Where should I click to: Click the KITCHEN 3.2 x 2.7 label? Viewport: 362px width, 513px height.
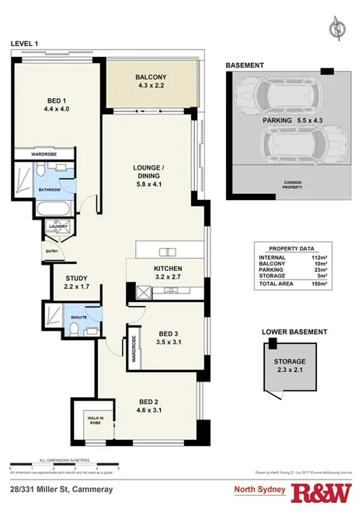click(162, 272)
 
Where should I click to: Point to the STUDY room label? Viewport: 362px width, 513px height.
click(76, 283)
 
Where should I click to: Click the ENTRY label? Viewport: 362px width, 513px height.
click(51, 251)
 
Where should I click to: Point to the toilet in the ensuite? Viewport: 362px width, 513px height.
click(71, 330)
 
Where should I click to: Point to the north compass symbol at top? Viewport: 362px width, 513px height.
click(336, 30)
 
